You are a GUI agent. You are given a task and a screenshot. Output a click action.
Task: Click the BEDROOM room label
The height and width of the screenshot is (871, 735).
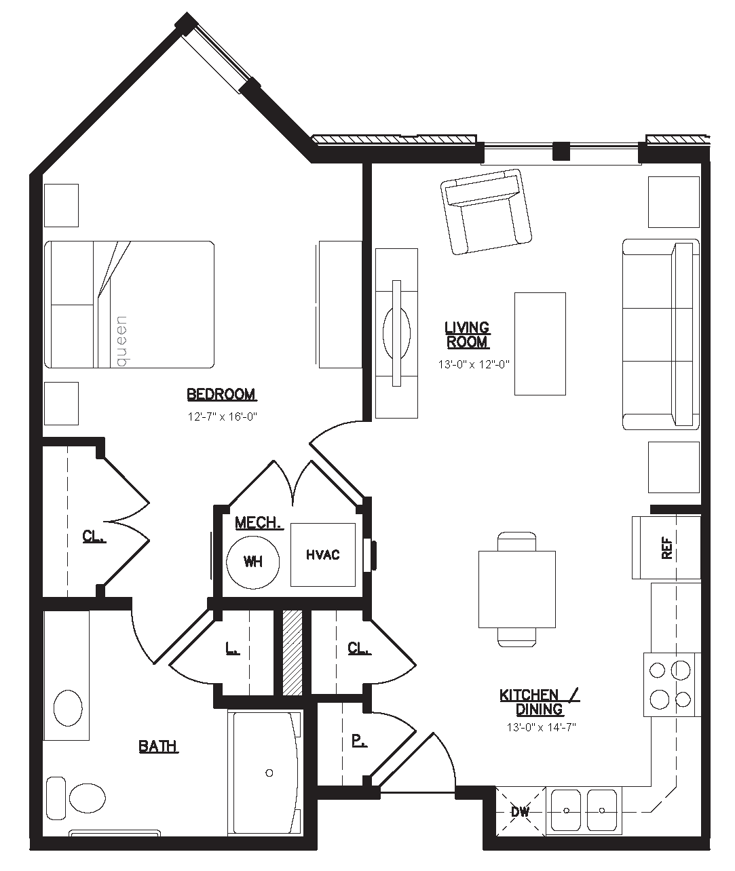coord(222,395)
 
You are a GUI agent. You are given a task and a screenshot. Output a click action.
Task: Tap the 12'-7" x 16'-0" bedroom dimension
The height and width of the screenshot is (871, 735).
coord(222,417)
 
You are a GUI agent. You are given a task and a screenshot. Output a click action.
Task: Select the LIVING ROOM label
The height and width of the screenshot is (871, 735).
coord(468,334)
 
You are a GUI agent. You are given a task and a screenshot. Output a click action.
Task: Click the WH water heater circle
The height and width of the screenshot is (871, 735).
coord(253,562)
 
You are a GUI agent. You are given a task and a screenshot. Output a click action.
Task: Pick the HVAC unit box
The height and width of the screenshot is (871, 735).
coord(323,555)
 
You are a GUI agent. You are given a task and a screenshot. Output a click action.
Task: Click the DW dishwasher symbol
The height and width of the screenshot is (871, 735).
coord(521,811)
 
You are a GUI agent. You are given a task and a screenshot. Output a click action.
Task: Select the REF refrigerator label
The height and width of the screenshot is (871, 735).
coord(667,547)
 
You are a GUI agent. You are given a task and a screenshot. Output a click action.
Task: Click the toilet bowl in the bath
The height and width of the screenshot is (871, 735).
coord(88,798)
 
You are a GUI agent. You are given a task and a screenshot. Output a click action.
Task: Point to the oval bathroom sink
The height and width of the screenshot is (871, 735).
coord(68,708)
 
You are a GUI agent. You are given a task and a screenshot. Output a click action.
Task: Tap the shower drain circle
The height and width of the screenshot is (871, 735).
coord(269,773)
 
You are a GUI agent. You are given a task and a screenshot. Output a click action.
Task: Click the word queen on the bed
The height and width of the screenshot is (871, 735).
coord(121,341)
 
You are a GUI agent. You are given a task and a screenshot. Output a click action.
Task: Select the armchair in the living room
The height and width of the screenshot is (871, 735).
coord(486,212)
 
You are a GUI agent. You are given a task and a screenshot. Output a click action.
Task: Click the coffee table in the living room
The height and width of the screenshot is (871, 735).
coord(540,344)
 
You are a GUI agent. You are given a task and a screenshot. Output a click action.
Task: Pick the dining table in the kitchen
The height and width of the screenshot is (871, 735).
coord(517,589)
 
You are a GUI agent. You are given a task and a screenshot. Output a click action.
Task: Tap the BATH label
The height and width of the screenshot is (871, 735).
coord(158,746)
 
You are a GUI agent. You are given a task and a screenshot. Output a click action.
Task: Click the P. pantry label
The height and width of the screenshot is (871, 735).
coord(359,741)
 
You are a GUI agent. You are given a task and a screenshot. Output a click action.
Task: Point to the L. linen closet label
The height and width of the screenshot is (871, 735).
coord(232,648)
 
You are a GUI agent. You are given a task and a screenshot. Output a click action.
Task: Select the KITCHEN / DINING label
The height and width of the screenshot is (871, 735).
coord(540,701)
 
